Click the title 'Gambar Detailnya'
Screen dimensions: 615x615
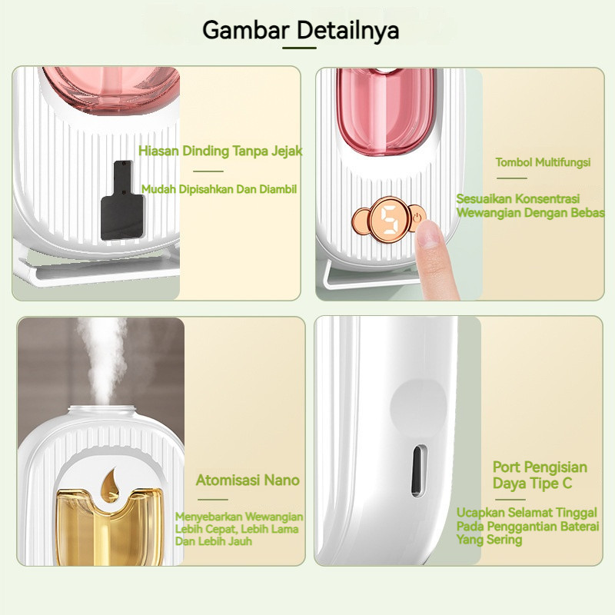(301, 30)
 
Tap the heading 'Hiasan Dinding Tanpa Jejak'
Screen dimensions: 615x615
(220, 151)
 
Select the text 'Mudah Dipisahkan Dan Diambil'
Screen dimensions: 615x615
(219, 189)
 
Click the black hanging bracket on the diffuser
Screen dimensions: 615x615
(121, 201)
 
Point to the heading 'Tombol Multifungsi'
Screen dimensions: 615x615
(543, 162)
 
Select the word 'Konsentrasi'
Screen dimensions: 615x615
(547, 198)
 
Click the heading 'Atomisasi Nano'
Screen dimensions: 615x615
(248, 480)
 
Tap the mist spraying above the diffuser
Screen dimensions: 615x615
(104, 361)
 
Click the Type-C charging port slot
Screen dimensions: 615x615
(418, 470)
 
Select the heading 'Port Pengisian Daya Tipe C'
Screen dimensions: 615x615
(540, 475)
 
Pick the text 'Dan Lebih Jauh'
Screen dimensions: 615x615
(214, 541)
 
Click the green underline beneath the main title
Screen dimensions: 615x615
(299, 48)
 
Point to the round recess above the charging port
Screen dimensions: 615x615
(418, 406)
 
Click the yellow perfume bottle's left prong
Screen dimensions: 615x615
(74, 526)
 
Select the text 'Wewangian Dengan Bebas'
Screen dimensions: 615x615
(530, 213)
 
